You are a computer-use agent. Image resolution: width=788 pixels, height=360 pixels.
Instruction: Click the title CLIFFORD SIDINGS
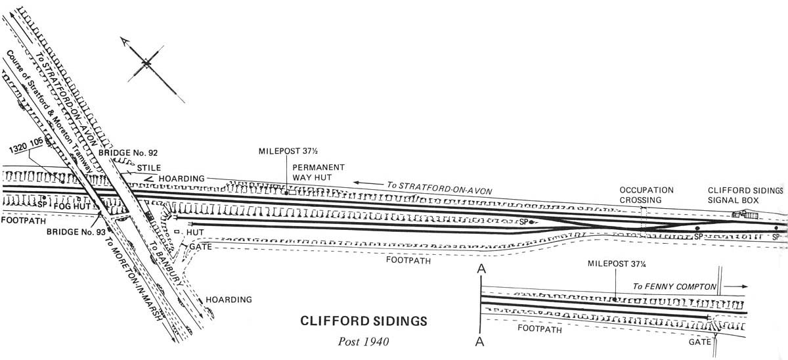363,322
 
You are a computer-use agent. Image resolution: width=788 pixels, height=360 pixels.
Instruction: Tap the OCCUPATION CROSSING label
646,194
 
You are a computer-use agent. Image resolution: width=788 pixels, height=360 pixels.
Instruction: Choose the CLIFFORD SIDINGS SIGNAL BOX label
745,194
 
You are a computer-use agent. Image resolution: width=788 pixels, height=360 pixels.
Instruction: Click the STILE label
148,168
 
